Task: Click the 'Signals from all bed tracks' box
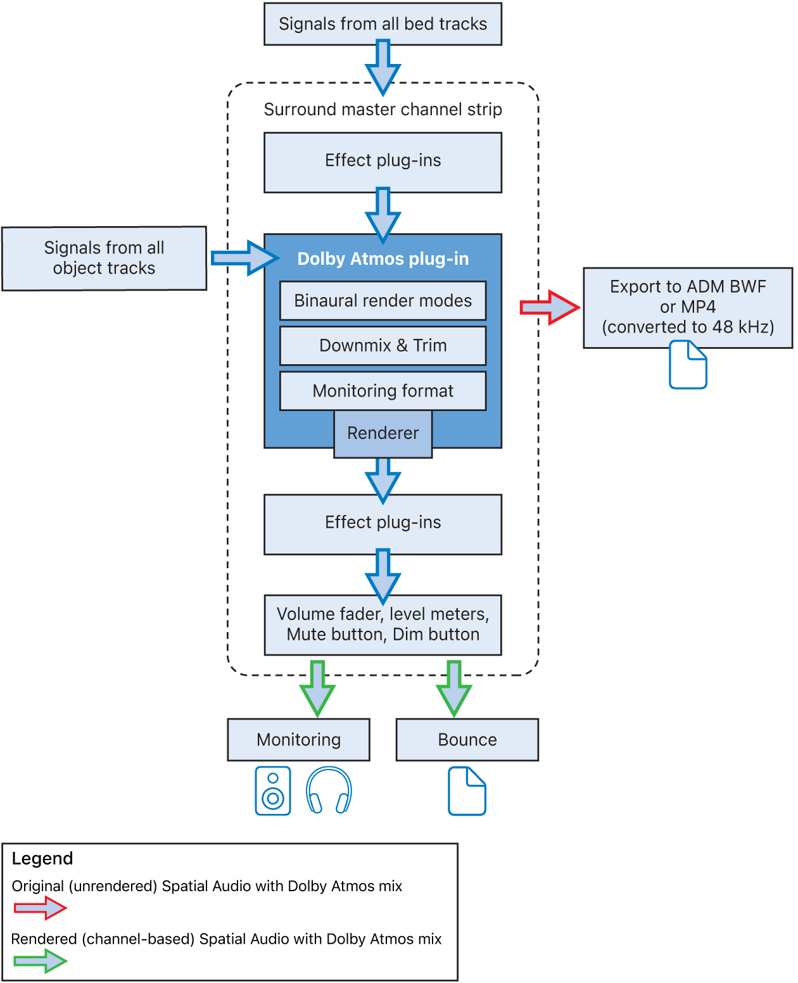click(383, 24)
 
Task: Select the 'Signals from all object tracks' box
click(104, 258)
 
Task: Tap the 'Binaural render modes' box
click(383, 300)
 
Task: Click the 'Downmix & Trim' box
click(383, 346)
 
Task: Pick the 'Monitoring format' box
click(383, 391)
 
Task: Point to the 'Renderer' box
click(383, 433)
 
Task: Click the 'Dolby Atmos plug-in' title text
click(383, 259)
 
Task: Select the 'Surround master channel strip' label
click(383, 110)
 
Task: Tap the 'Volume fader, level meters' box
click(383, 625)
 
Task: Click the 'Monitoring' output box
click(298, 740)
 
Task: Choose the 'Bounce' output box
click(467, 740)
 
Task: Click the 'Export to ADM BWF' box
click(688, 307)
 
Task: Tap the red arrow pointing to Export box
click(549, 308)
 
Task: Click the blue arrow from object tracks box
click(244, 258)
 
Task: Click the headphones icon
click(329, 791)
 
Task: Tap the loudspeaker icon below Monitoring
click(273, 791)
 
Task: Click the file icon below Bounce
click(467, 791)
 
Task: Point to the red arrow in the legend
click(40, 908)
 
